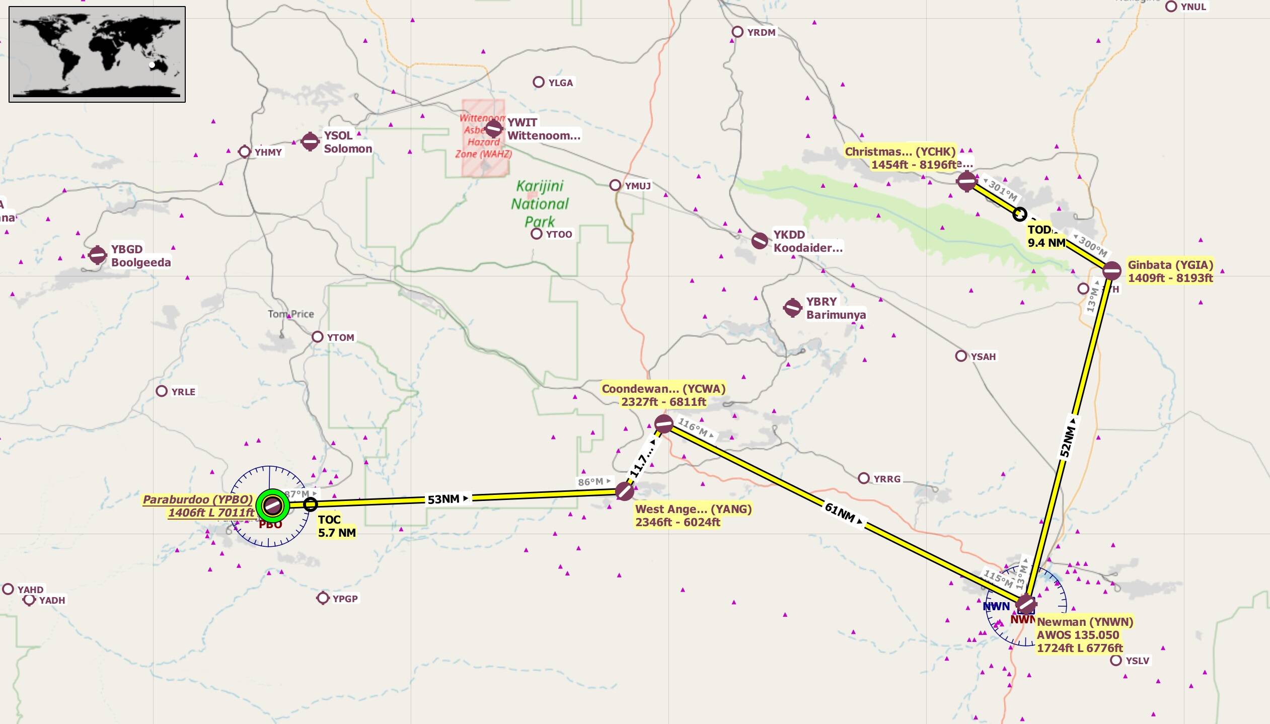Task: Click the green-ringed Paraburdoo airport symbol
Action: [x=273, y=505]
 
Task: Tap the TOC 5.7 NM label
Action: [x=336, y=526]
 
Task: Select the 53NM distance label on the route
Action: [x=444, y=499]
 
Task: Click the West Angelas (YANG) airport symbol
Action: [x=625, y=491]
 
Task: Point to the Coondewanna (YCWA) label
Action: [x=663, y=395]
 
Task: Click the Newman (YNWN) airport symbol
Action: [x=1025, y=604]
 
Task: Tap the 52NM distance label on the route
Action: [x=1067, y=441]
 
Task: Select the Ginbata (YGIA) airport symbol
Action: [x=1111, y=271]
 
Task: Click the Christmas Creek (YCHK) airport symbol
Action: [x=966, y=181]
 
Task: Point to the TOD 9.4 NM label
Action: [x=1046, y=236]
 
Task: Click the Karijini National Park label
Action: [x=540, y=204]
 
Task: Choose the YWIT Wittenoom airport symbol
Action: [x=494, y=129]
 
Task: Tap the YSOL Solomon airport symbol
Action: [x=310, y=141]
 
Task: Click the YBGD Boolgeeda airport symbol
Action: [x=98, y=255]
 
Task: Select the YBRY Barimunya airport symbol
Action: [x=792, y=308]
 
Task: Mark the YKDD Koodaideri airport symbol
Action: [x=760, y=241]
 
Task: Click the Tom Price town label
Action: [x=290, y=314]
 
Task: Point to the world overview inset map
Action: [x=97, y=54]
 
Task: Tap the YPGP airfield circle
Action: [x=323, y=598]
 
